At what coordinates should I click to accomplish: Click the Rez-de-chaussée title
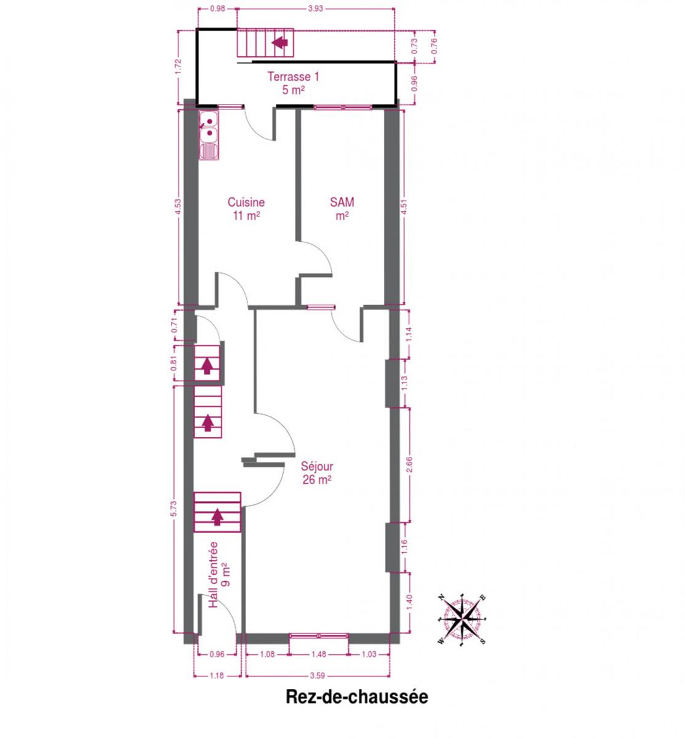[356, 697]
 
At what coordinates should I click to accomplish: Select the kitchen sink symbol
[208, 136]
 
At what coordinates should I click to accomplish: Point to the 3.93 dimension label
[315, 9]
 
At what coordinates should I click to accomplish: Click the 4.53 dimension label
[178, 207]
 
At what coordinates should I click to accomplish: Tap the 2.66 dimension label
[409, 464]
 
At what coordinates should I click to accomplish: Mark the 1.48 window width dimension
[318, 654]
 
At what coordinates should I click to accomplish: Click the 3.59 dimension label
[317, 675]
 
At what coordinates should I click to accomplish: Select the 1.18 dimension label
[217, 675]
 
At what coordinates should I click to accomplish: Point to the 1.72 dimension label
[178, 67]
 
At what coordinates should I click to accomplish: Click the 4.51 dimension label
[404, 207]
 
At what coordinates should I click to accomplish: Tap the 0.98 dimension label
[217, 9]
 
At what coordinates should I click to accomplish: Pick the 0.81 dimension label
[174, 363]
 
